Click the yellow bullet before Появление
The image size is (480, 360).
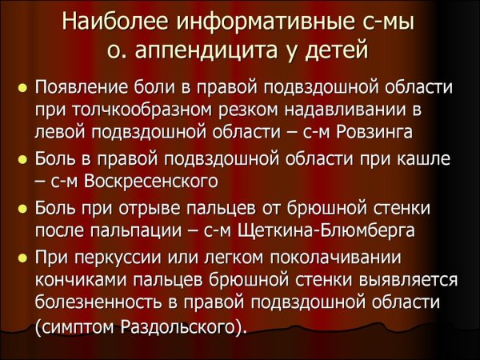(22, 86)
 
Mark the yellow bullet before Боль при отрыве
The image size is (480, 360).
(22, 208)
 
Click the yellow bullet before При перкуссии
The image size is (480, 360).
(22, 258)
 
